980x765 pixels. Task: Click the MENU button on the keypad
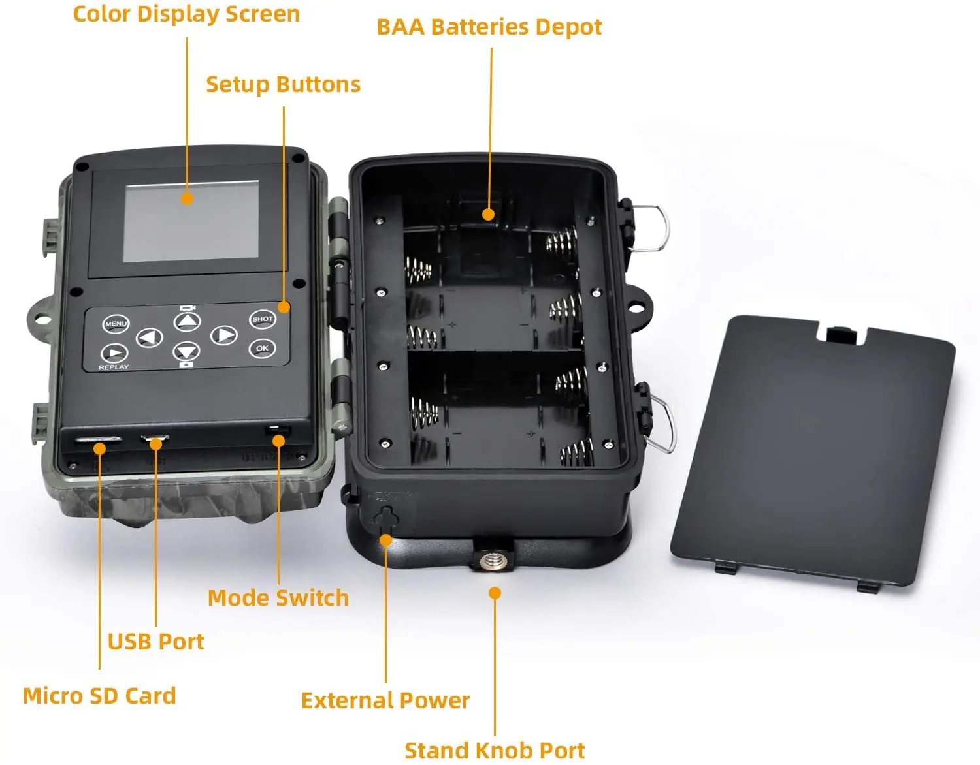(116, 324)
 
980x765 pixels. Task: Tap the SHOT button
(263, 319)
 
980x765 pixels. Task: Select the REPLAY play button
(114, 354)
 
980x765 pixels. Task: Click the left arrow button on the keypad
(149, 337)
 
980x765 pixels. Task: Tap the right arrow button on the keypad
(224, 336)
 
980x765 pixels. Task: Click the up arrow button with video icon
(187, 321)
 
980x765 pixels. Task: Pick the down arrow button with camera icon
(186, 352)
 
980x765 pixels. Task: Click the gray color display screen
(191, 222)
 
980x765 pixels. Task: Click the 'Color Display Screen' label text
(186, 14)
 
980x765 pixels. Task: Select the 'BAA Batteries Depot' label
(489, 27)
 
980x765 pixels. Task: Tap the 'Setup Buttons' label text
(283, 84)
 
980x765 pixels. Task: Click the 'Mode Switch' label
(278, 598)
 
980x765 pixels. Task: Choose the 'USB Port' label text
(155, 642)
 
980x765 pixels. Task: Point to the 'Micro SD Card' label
(99, 696)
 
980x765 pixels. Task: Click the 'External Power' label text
(385, 700)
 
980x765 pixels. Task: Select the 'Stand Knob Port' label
(495, 751)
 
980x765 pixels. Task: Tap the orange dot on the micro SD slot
(99, 448)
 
